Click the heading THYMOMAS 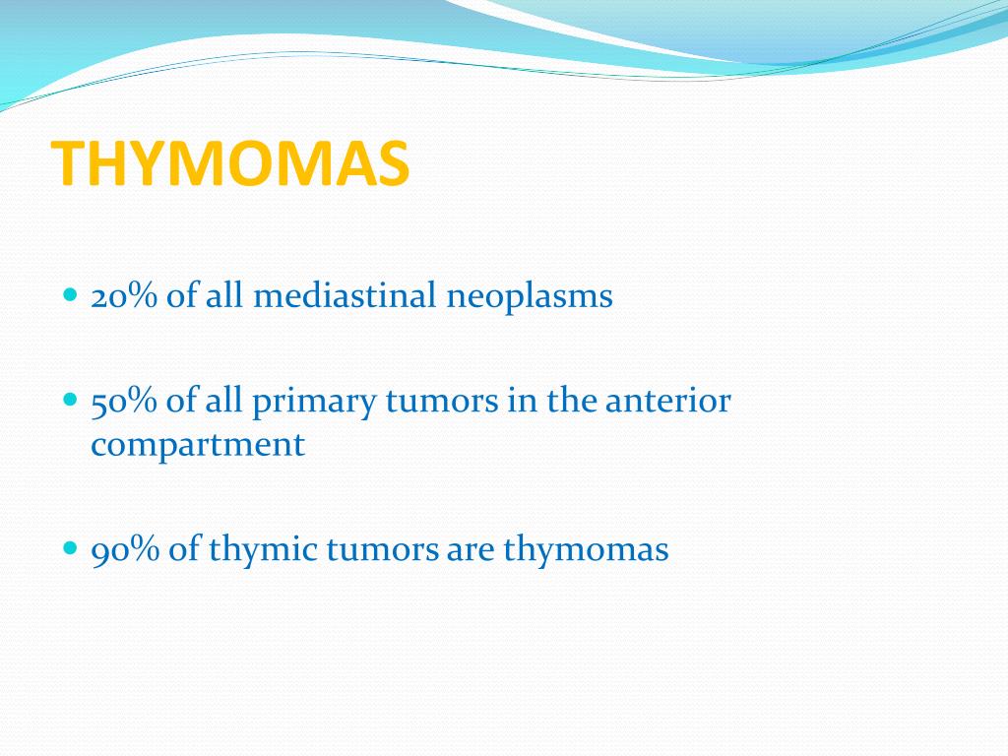[230, 164]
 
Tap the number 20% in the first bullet [124, 295]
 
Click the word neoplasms [529, 298]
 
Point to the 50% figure [123, 401]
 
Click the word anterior [668, 401]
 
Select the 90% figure [125, 550]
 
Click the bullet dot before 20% [71, 295]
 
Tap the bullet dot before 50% [71, 400]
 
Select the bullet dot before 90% [71, 549]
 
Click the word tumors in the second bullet [442, 402]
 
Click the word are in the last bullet [471, 553]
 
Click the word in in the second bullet [522, 401]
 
